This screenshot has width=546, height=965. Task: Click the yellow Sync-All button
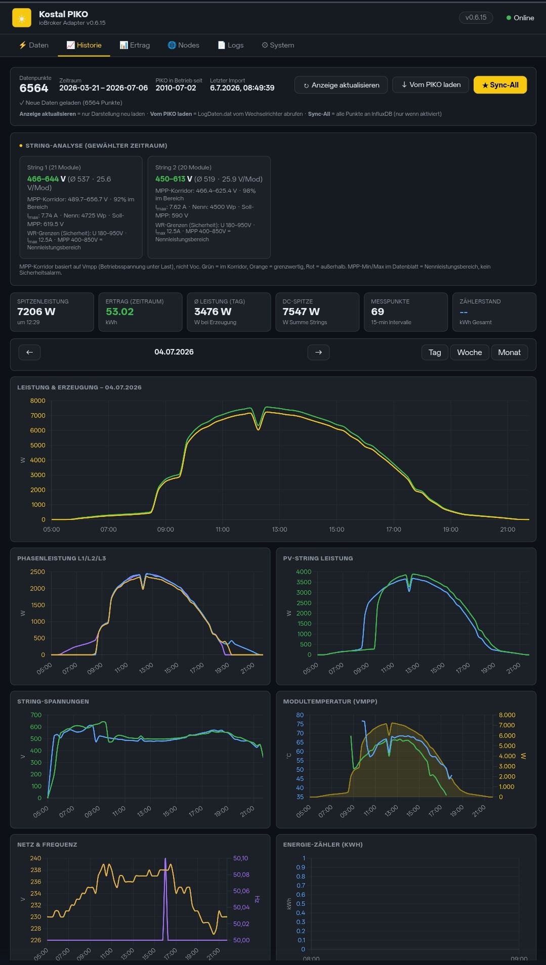coord(500,85)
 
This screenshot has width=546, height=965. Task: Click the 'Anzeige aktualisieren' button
coord(341,85)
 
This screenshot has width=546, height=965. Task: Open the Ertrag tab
coord(135,45)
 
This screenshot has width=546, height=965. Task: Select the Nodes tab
coord(184,45)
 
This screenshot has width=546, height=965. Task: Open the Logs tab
coord(231,45)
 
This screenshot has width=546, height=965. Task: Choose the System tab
coord(278,45)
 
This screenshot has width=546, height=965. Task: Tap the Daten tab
coord(34,45)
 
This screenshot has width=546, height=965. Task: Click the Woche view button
coord(470,353)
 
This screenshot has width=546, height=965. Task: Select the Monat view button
coord(509,353)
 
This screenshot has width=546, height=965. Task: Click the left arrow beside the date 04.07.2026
coord(29,353)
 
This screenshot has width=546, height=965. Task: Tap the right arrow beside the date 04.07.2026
coord(318,353)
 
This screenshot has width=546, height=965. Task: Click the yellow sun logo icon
coord(22,18)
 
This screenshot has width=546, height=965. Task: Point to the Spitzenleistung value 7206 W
coord(36,312)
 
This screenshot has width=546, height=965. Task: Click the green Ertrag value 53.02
coord(120,312)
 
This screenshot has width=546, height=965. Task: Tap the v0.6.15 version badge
coord(476,18)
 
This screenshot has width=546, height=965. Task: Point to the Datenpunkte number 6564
coord(34,89)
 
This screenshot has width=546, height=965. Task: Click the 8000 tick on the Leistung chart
coord(38,401)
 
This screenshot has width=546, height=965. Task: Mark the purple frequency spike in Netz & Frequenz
coord(165,899)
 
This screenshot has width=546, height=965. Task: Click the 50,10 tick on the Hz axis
coord(241,858)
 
